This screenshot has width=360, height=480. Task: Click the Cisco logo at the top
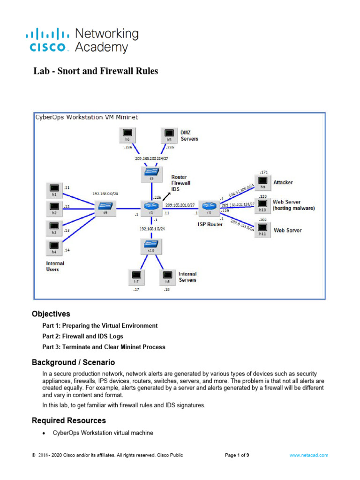point(82,40)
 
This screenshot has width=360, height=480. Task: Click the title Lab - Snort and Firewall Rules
point(96,71)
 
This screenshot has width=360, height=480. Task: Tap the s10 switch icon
point(151,245)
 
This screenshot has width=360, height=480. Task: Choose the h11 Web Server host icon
point(262,229)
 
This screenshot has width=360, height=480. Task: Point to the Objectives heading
point(51,314)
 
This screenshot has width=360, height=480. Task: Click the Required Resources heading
point(68,420)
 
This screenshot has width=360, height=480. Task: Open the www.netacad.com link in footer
point(308,455)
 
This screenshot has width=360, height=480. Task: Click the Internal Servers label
point(187,277)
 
